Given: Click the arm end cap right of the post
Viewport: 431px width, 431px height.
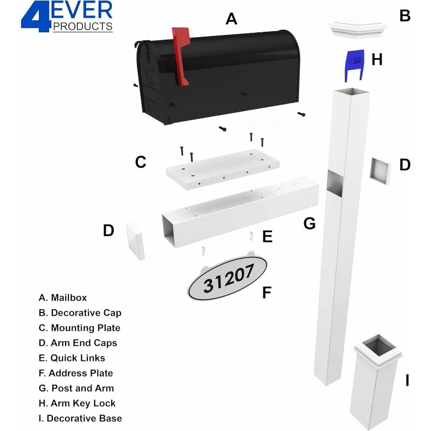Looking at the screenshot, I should [380, 171].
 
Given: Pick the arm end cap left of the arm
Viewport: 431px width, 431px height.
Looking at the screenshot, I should [135, 240].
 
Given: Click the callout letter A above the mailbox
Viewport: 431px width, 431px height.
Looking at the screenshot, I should [231, 19].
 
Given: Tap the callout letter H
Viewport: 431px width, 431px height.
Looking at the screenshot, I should [377, 60].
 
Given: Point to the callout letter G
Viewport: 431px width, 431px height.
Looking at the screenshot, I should [309, 224].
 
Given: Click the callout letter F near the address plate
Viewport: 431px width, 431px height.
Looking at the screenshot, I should [266, 293].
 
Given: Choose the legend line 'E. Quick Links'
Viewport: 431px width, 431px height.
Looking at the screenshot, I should [72, 358].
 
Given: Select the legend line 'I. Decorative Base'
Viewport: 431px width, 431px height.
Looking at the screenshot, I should [80, 418].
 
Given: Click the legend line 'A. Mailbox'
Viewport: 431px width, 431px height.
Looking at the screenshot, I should [63, 297].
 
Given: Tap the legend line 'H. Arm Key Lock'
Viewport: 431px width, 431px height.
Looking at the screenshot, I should [77, 403].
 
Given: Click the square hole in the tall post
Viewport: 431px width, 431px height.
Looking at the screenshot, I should [335, 183].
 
